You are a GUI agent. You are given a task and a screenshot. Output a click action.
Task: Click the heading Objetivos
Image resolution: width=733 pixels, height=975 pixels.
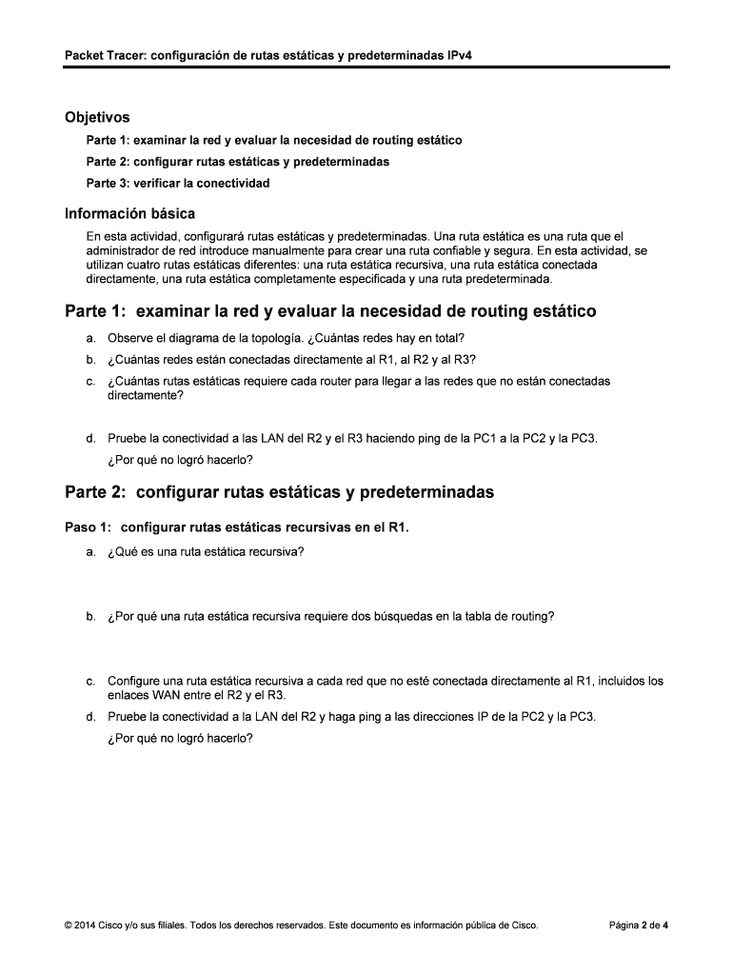(x=97, y=117)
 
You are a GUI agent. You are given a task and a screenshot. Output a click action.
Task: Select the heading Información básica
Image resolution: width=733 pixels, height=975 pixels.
(x=129, y=213)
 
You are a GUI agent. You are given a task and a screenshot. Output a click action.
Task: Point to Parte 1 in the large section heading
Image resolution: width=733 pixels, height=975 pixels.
(x=96, y=311)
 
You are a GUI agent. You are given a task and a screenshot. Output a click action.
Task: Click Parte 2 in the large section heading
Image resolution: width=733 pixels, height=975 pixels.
(x=96, y=492)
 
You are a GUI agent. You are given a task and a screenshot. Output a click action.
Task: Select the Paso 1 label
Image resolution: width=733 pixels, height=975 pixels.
(x=89, y=526)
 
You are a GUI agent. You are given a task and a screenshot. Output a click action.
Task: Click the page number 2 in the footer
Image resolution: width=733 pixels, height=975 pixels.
(x=645, y=925)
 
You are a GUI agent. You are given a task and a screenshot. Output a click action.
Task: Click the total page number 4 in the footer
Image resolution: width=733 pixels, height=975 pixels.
(x=665, y=925)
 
